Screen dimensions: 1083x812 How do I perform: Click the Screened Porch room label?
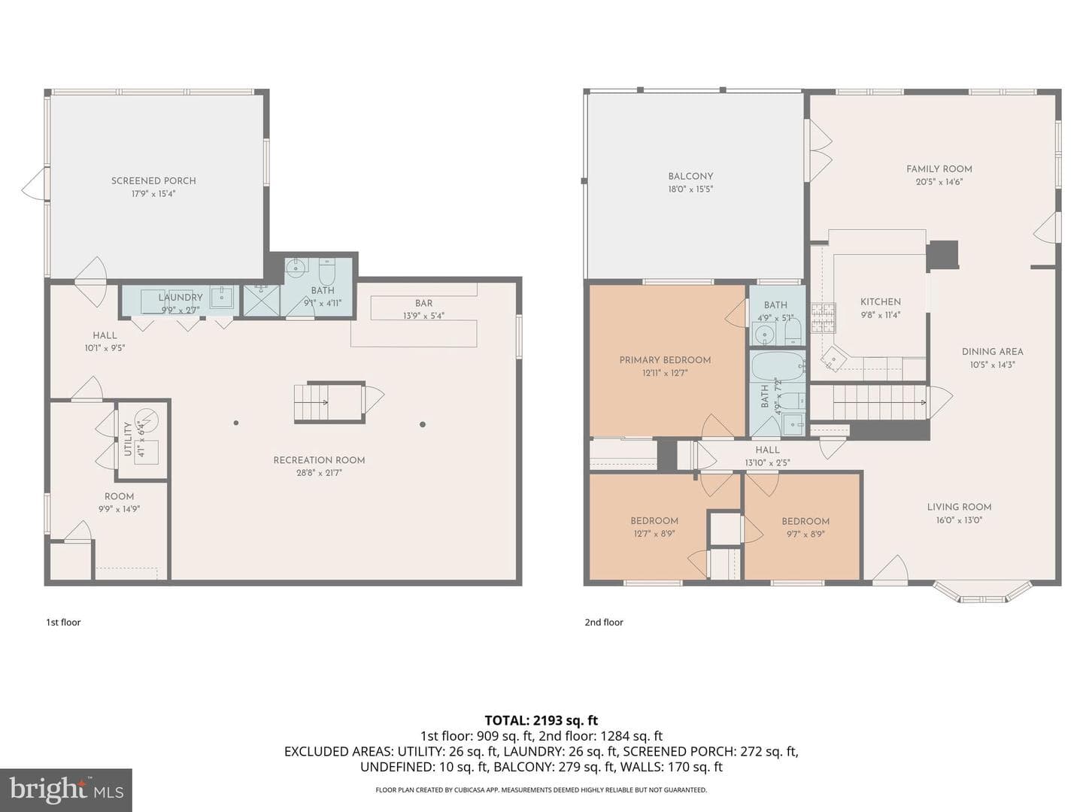153,181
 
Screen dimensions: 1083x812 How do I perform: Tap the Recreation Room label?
319,460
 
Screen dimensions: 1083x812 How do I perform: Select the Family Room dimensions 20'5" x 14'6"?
939,182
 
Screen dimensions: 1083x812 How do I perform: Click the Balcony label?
690,176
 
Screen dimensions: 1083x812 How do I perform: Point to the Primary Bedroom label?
665,360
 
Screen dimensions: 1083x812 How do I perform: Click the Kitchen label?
881,301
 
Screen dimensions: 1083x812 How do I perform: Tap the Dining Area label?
992,352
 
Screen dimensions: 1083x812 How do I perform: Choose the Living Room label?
959,507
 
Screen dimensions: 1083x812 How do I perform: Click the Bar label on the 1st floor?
424,303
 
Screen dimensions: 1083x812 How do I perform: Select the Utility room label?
128,439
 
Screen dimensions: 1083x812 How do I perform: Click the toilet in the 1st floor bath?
326,271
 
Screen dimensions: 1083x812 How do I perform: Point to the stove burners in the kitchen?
823,317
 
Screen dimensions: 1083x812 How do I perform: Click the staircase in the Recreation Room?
329,402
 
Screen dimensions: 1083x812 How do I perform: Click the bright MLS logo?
66,790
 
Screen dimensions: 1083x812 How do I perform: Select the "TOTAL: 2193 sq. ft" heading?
541,721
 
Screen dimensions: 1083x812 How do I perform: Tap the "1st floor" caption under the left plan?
63,623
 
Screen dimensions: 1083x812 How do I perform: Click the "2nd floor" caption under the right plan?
604,623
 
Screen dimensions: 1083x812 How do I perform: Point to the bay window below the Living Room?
982,592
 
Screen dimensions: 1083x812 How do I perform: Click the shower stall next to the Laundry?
262,300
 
